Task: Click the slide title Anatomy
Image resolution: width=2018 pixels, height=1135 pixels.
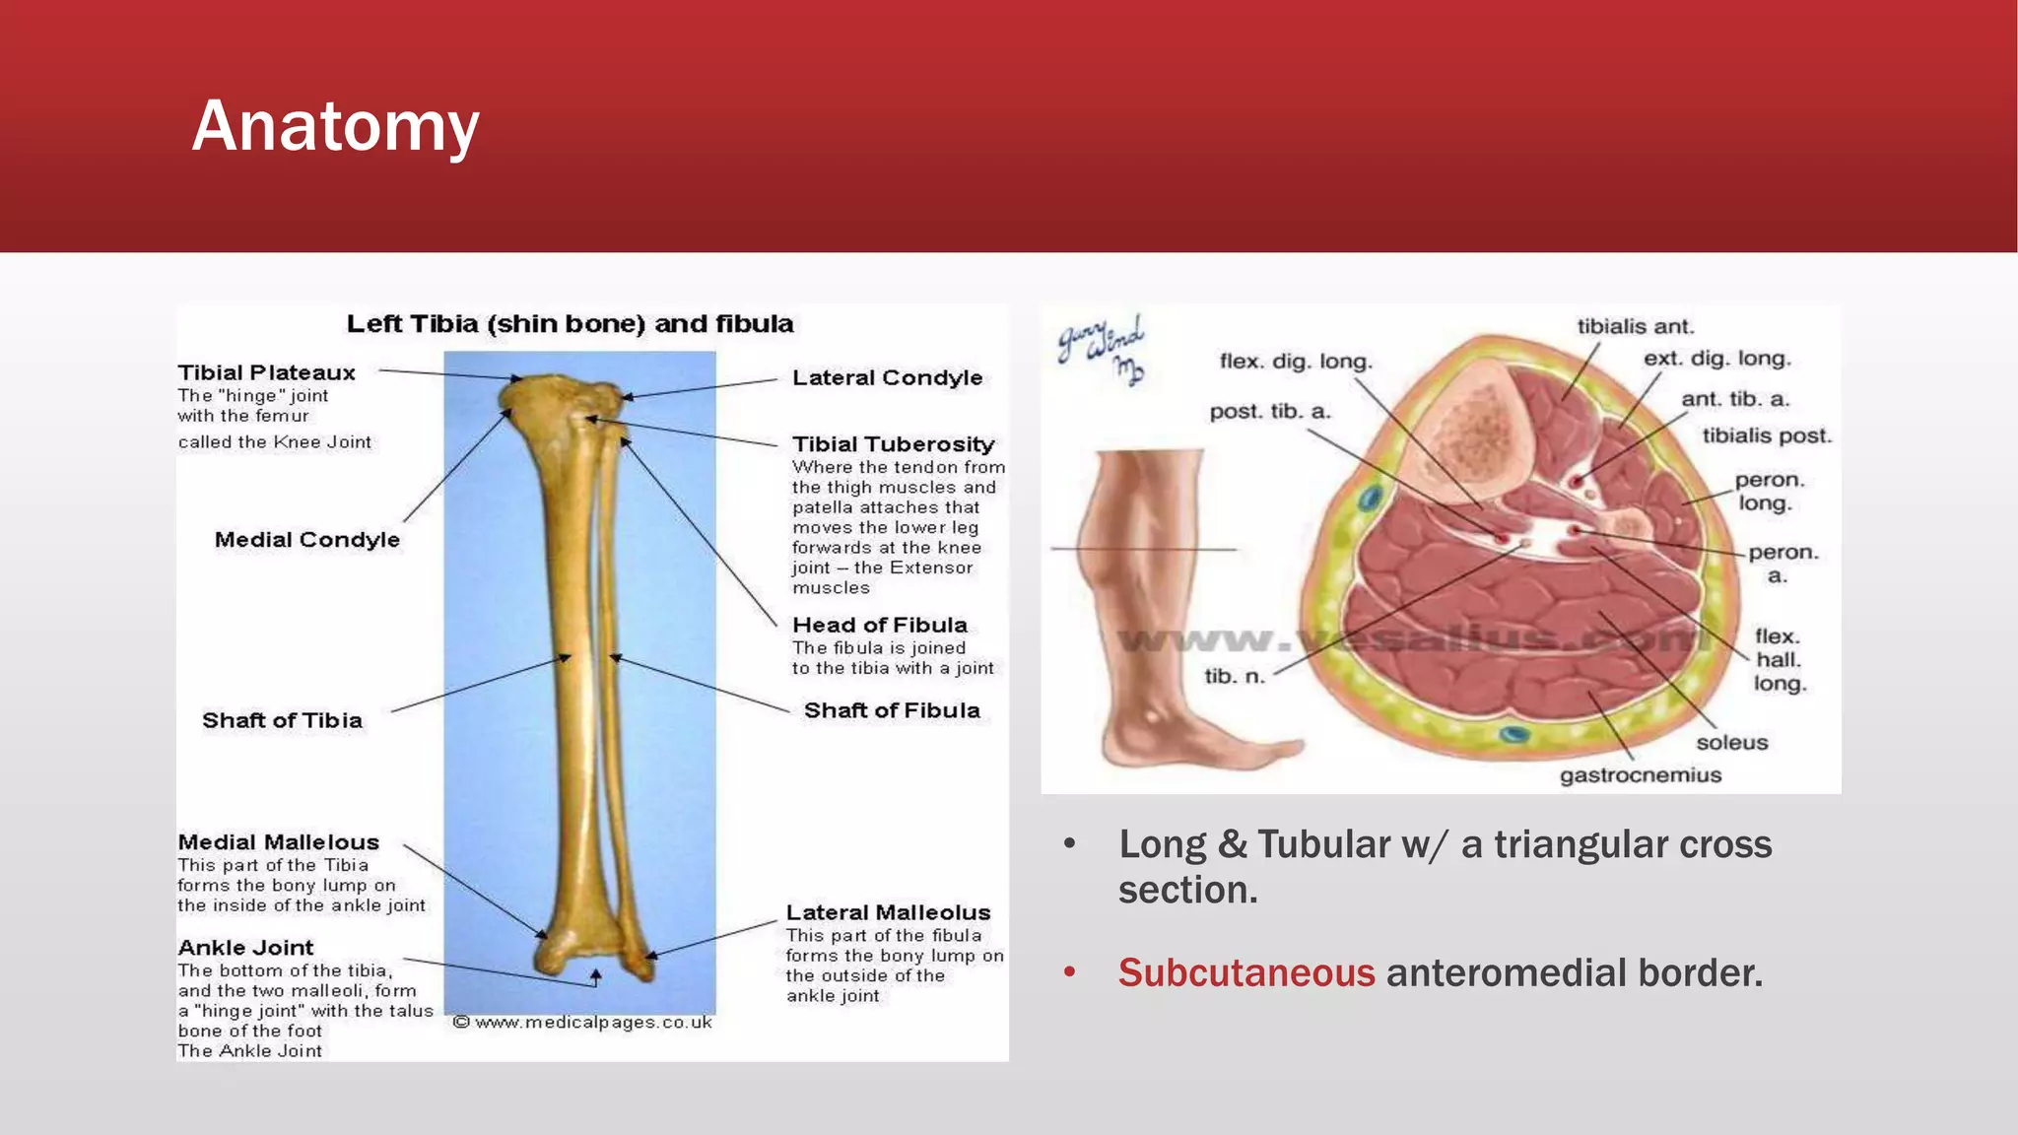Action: (x=335, y=127)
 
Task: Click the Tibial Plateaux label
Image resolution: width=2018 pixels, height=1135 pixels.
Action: (x=266, y=372)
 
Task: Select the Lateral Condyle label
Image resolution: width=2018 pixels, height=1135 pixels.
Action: (x=887, y=377)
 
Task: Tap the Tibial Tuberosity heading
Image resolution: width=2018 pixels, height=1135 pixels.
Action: (x=893, y=444)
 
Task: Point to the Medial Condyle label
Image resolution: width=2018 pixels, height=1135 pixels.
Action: (x=306, y=540)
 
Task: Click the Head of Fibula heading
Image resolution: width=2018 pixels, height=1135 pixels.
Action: (x=879, y=625)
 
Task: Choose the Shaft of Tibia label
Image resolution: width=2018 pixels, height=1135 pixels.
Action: (x=282, y=720)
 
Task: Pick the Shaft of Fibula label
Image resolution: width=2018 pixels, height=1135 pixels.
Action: (x=891, y=710)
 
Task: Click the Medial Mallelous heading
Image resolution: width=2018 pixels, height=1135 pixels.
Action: (x=278, y=842)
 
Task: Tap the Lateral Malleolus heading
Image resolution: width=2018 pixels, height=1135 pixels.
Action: (x=887, y=912)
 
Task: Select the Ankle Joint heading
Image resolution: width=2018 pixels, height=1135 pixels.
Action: (x=245, y=948)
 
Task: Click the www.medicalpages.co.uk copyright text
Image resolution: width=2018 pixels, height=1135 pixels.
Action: (x=582, y=1023)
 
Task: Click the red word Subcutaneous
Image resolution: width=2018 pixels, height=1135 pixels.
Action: (x=1245, y=972)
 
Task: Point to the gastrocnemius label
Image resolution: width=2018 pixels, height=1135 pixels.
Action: (x=1640, y=775)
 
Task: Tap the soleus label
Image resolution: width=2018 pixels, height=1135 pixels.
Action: (x=1731, y=743)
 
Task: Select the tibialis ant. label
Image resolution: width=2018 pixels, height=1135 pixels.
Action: (x=1635, y=326)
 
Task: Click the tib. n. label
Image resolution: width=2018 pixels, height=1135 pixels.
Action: (x=1234, y=676)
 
